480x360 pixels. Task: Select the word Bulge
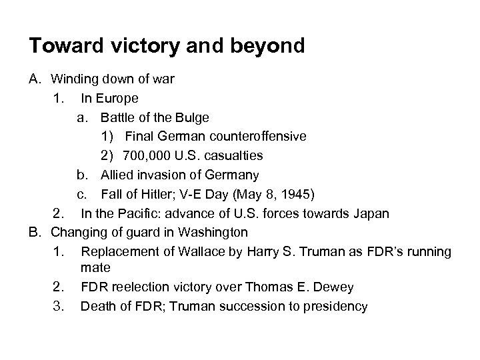193,117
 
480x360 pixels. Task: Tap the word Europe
117,98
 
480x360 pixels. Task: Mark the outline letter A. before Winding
35,79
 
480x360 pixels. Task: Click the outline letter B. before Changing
35,233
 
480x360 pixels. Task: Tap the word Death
97,306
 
